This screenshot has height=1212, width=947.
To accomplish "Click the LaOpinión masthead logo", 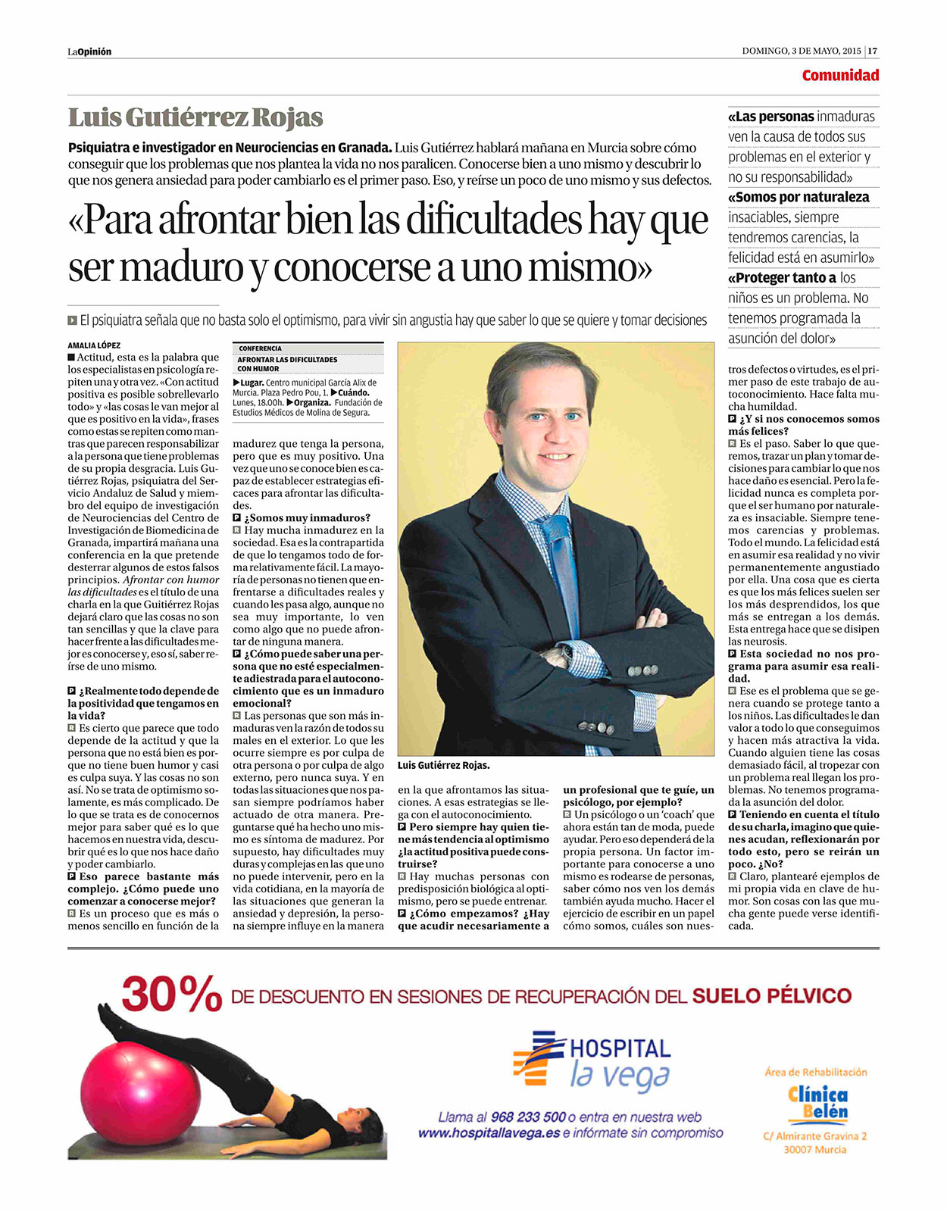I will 89,52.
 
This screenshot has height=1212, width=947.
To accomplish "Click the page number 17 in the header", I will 873,52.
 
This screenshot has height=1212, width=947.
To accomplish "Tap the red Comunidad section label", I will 840,75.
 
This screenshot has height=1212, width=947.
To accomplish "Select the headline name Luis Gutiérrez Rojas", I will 195,118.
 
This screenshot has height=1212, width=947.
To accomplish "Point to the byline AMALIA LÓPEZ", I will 94,345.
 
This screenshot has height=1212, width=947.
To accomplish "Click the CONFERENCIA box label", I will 260,348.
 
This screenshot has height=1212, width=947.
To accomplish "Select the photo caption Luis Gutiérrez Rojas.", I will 443,766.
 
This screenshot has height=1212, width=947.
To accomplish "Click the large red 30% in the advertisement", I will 171,994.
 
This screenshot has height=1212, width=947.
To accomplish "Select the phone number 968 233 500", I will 528,1117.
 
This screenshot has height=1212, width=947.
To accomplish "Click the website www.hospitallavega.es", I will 489,1133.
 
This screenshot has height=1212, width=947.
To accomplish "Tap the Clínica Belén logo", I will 817,1104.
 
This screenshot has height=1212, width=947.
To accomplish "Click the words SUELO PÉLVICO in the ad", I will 771,995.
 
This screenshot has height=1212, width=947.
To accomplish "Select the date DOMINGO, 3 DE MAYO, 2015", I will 802,52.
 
